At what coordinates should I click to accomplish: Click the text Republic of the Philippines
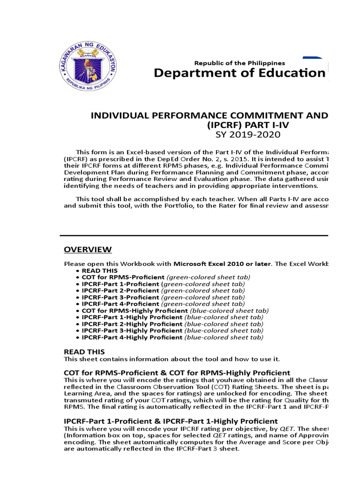pos(240,63)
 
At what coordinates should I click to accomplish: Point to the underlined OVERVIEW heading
pos(88,249)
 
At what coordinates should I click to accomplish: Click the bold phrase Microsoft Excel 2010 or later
pos(222,264)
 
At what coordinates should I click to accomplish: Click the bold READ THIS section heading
pos(84,352)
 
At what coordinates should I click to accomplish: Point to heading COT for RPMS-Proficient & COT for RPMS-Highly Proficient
pos(177,372)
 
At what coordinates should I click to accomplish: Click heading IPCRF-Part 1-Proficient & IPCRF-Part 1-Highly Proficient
pos(171,421)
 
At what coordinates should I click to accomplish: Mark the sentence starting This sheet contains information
pos(172,359)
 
